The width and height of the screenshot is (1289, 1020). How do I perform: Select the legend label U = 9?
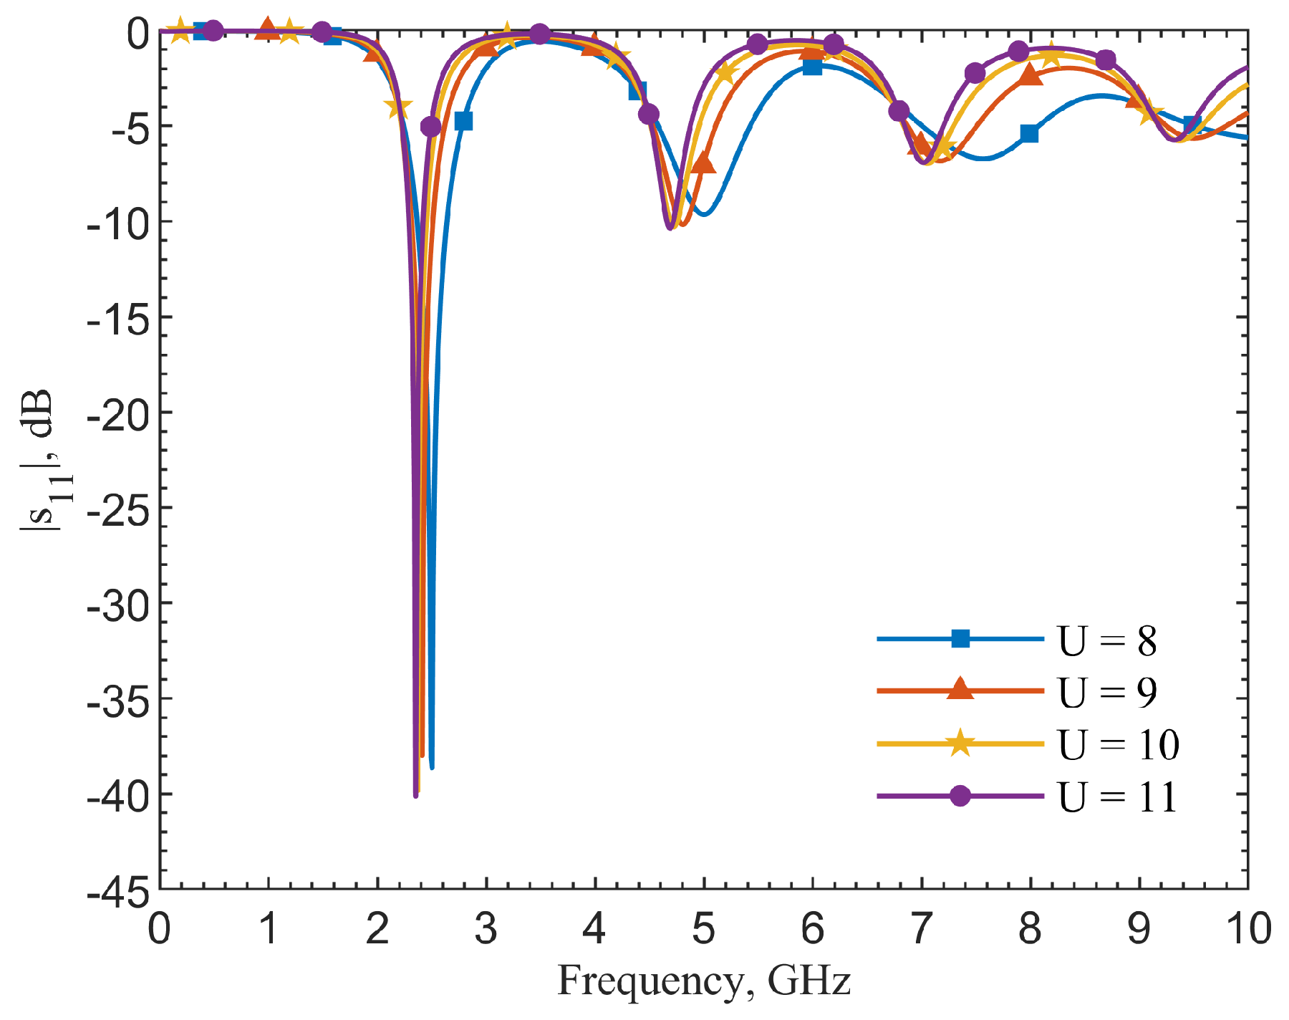(1107, 692)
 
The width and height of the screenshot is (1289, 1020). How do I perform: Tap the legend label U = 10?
(1119, 744)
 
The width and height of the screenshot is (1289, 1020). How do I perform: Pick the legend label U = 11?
(1117, 797)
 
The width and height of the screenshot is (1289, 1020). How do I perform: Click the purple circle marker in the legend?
(960, 796)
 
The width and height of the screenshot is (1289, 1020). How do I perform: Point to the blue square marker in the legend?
(960, 639)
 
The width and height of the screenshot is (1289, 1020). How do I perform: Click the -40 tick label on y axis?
(118, 794)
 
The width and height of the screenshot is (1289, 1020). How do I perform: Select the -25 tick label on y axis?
(118, 508)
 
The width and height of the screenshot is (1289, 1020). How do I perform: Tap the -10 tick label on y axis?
(118, 222)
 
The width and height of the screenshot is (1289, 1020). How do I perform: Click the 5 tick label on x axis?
(703, 928)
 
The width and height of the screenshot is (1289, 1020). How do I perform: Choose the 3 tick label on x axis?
(486, 928)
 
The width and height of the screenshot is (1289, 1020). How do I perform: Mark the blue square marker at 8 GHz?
(1029, 133)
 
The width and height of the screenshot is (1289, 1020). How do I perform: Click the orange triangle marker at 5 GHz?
(704, 163)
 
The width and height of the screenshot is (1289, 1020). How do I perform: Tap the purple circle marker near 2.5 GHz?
(431, 127)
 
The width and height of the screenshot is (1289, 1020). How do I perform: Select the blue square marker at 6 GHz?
(812, 67)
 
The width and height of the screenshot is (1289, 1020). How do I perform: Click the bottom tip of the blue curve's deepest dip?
(432, 768)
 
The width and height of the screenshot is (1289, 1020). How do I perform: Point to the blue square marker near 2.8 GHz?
(464, 121)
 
